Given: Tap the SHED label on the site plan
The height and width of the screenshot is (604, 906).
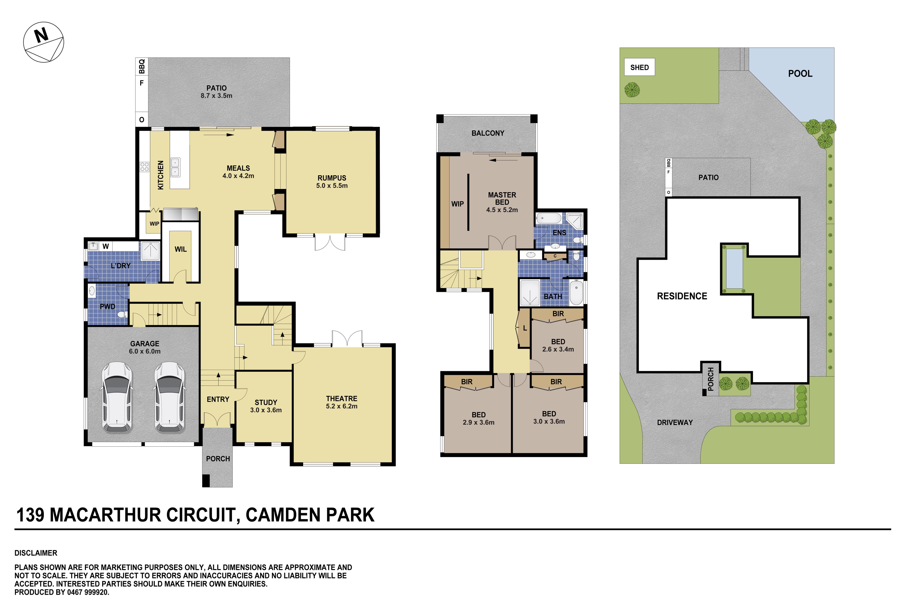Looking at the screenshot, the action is (639, 67).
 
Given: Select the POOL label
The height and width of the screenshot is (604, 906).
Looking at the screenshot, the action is (800, 74).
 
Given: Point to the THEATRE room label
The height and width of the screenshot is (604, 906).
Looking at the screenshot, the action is (342, 399).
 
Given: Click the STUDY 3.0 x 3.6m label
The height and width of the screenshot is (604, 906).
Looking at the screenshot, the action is (266, 406).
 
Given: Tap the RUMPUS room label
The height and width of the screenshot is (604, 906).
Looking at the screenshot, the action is (332, 178).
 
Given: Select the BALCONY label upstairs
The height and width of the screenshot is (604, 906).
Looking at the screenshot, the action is (488, 133).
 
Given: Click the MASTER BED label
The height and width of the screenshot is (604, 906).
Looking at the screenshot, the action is (502, 198).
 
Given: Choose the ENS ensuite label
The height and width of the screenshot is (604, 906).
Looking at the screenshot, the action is (559, 233).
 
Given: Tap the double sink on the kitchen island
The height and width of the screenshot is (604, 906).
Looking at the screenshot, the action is (175, 167).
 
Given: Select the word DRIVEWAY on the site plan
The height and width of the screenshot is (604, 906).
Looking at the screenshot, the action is (675, 423).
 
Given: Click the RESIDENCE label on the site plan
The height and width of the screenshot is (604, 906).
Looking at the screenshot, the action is (682, 296).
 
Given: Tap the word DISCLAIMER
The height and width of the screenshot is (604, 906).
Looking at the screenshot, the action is (36, 553).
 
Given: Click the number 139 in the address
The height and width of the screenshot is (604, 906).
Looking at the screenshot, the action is (30, 515).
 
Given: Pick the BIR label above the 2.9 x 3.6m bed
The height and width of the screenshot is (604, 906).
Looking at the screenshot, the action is (466, 382).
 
